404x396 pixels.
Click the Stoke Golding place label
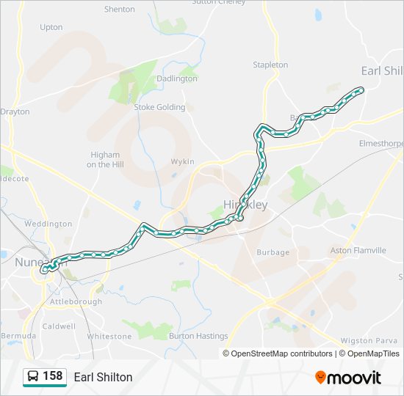[159, 107]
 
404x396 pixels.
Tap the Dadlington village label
[177, 78]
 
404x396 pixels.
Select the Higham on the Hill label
[105, 160]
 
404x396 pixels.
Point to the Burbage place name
[273, 252]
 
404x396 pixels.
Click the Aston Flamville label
[358, 250]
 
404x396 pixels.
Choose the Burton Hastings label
[198, 336]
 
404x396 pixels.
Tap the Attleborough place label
[76, 301]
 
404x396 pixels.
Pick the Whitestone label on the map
[109, 336]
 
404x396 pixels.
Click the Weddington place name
[48, 224]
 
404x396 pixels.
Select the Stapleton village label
[270, 65]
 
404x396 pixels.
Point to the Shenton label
[120, 10]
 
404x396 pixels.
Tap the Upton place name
[51, 27]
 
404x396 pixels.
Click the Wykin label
[182, 161]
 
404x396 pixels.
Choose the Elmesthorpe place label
[380, 143]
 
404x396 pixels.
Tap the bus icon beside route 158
[33, 377]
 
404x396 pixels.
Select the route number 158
[52, 376]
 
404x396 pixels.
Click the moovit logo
[348, 378]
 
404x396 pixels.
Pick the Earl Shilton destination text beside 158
[103, 377]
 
